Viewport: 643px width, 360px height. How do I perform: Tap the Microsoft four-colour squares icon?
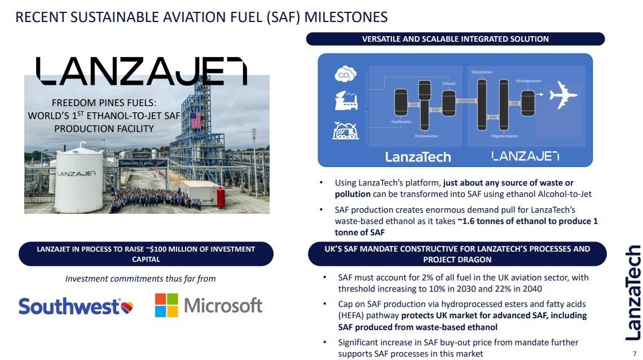[166, 305]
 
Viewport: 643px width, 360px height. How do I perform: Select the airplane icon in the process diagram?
[562, 95]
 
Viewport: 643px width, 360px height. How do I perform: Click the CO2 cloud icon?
[343, 74]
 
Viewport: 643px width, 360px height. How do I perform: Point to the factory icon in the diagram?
[343, 102]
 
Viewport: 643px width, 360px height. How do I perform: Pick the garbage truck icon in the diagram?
[343, 131]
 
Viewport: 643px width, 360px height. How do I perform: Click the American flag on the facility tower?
[196, 120]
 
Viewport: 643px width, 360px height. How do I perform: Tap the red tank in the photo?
[221, 197]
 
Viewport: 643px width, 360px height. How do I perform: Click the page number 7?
[634, 353]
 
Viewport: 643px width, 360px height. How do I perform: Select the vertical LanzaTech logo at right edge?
[633, 292]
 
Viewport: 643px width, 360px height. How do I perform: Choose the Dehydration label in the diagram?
[482, 72]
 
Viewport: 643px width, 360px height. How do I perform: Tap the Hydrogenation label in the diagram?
[528, 81]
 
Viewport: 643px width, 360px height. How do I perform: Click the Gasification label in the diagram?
[401, 121]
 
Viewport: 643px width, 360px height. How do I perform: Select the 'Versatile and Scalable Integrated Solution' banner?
[455, 39]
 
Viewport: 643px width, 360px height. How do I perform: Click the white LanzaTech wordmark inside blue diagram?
[418, 156]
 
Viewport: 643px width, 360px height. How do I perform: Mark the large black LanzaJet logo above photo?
[142, 71]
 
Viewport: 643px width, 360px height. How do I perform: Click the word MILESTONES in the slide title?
[346, 17]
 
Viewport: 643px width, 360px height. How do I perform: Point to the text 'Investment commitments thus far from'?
[140, 279]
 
